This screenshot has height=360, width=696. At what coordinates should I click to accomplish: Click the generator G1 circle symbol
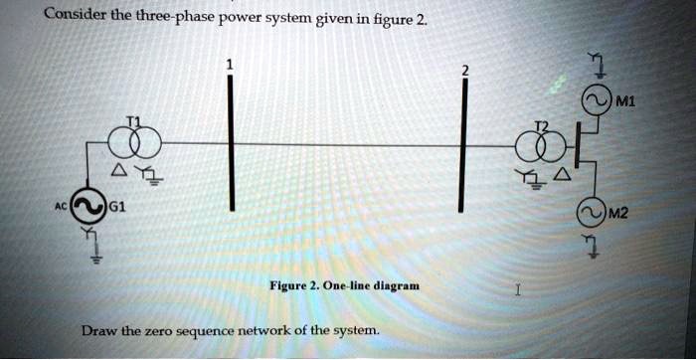tap(85, 208)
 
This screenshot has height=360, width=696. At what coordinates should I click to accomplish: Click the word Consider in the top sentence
tap(74, 15)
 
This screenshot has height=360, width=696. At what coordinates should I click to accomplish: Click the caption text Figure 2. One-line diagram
tap(344, 285)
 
